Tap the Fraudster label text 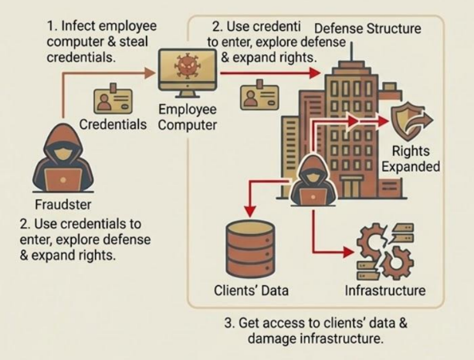pos(63,205)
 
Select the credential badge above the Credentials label pos(113,99)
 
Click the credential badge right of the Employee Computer pos(259,95)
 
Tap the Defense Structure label pos(367,29)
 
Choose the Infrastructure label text pos(385,290)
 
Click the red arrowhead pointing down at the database pos(250,211)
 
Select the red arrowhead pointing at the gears pos(348,252)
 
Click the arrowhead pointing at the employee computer pos(149,73)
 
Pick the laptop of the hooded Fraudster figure pos(63,178)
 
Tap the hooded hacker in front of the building pos(313,181)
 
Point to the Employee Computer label pos(188,117)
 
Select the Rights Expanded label pos(411,159)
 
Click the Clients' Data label pos(251,290)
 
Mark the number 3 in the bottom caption pos(229,323)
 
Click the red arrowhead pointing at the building pos(315,73)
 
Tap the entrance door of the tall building pos(351,187)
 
